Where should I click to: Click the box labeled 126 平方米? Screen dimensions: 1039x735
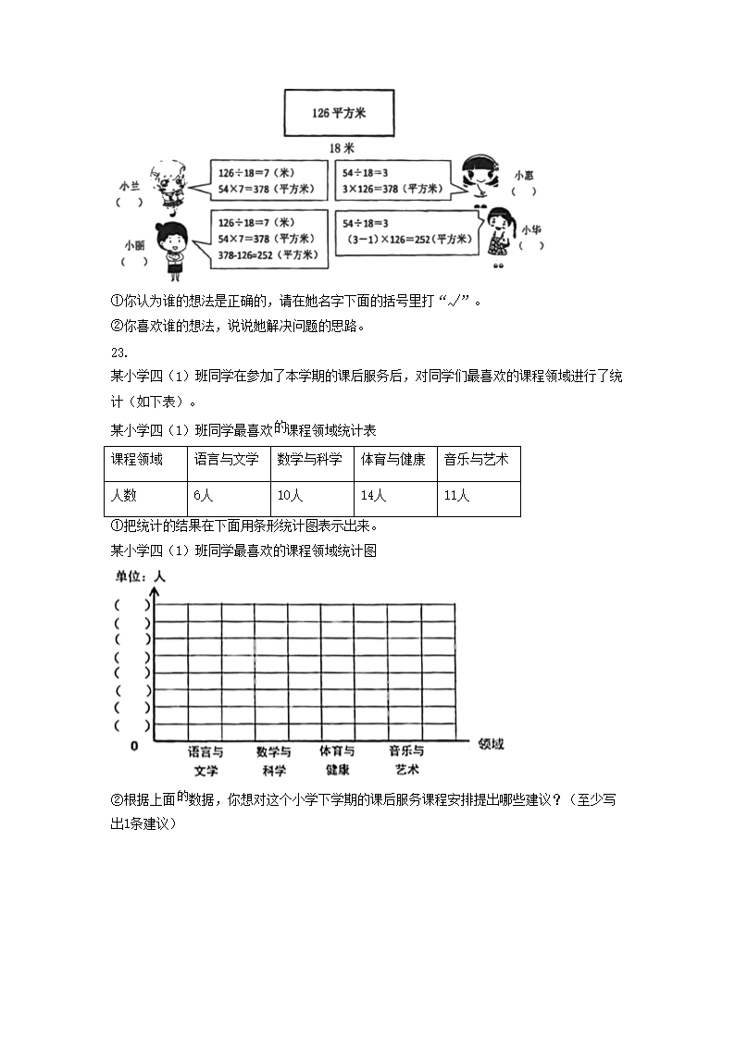tap(339, 112)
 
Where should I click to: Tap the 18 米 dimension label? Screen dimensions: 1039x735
tap(342, 148)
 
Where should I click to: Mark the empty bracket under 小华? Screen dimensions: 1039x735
tap(531, 246)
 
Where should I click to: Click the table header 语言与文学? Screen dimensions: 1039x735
tap(226, 459)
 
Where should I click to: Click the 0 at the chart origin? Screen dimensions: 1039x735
tap(133, 745)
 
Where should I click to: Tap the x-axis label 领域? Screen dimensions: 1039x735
tap(491, 744)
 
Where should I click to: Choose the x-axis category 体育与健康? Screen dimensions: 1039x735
tap(337, 761)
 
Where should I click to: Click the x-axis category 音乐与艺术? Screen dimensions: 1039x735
tap(406, 761)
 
